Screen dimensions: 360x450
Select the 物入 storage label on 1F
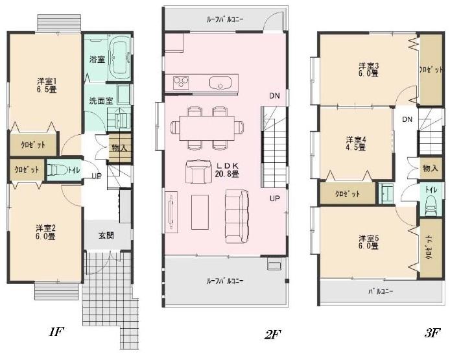click(x=119, y=149)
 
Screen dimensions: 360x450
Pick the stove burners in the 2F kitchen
click(x=180, y=82)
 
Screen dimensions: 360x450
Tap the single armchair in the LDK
click(x=195, y=171)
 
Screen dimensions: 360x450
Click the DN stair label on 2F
click(x=275, y=95)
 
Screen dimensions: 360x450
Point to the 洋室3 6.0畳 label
click(x=370, y=69)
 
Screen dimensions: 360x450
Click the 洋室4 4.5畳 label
click(x=356, y=143)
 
